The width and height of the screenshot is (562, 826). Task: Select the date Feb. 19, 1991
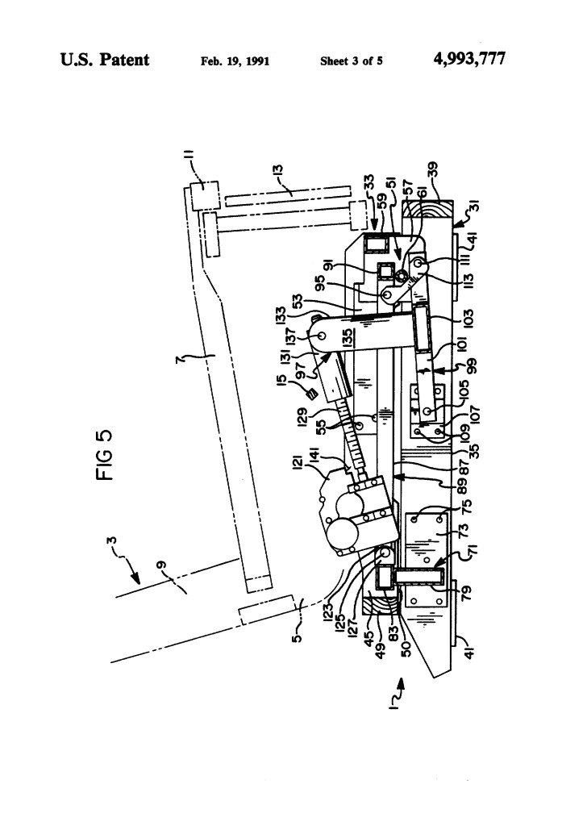pyautogui.click(x=234, y=60)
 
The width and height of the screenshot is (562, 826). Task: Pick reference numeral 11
pyautogui.click(x=189, y=173)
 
